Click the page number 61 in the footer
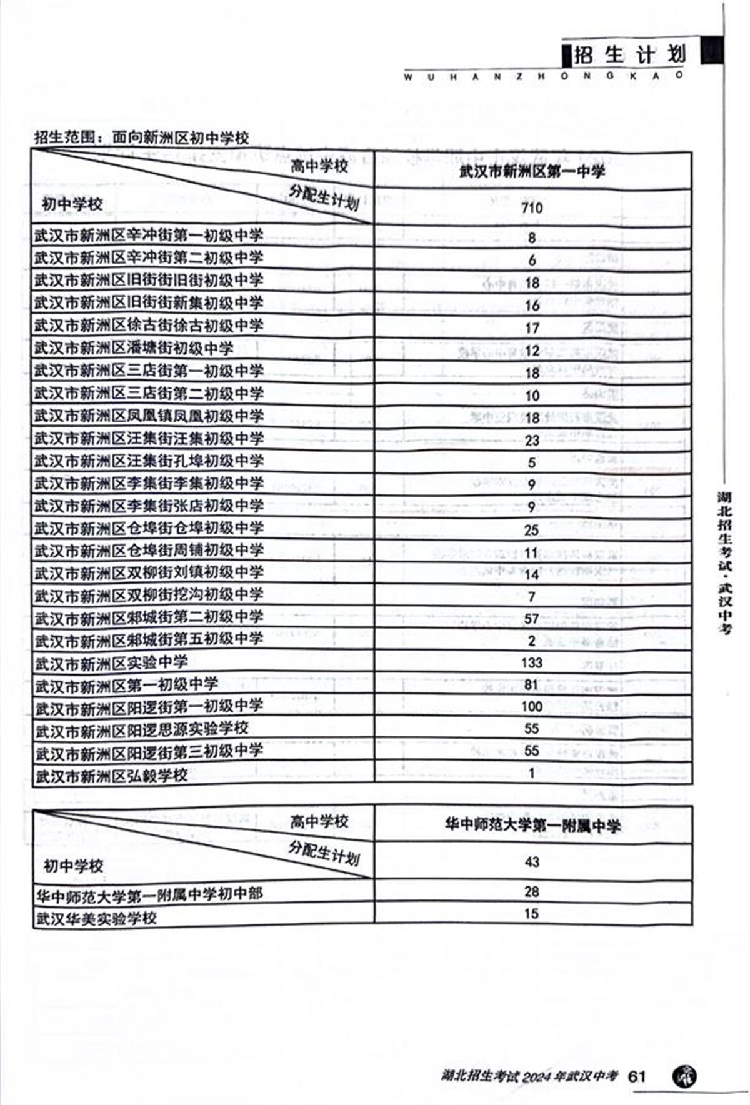click(x=637, y=1076)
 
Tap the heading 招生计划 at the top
click(x=629, y=55)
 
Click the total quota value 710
click(x=532, y=207)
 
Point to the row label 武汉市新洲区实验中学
click(x=111, y=662)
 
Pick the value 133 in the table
click(x=531, y=662)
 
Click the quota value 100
click(x=531, y=707)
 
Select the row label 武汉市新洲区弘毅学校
click(x=111, y=776)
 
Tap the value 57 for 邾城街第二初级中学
click(x=531, y=619)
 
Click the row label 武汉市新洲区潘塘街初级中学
click(x=133, y=348)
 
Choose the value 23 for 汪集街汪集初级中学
click(x=532, y=440)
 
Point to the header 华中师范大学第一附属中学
click(x=532, y=826)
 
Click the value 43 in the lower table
click(x=532, y=862)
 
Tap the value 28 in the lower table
click(x=532, y=892)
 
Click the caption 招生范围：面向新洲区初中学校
click(x=141, y=137)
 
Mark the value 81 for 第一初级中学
click(x=531, y=685)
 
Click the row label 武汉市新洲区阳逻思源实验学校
click(x=142, y=729)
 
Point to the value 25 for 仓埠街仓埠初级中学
click(x=531, y=530)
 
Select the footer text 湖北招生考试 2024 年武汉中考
click(x=529, y=1076)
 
